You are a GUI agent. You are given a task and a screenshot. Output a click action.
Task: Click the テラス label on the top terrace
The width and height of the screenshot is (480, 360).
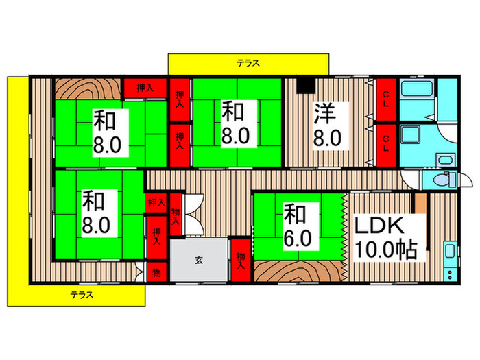(x=248, y=63)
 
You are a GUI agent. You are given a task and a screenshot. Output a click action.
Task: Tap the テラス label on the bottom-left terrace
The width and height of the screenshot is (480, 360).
(x=82, y=296)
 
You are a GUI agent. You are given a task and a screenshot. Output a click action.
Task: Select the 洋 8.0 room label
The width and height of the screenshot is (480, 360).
(x=327, y=123)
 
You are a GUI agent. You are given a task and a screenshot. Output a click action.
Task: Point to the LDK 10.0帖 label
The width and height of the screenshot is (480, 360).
(x=386, y=237)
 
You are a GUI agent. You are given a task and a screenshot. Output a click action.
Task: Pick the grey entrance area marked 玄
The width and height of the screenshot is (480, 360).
(x=198, y=261)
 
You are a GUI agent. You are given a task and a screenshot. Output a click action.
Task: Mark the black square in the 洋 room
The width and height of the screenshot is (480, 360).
(x=306, y=85)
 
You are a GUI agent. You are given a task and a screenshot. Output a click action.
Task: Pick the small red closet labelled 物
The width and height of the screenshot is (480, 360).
(x=156, y=272)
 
